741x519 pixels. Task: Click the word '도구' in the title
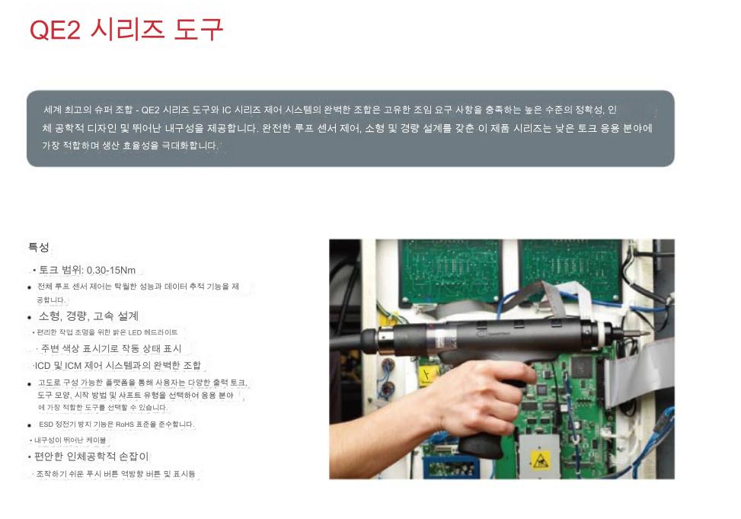pyautogui.click(x=199, y=29)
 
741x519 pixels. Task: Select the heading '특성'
pyautogui.click(x=39, y=247)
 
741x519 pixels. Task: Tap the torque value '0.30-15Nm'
pyautogui.click(x=111, y=270)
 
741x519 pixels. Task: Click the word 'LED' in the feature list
pyautogui.click(x=135, y=332)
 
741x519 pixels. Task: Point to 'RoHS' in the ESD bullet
pyautogui.click(x=125, y=424)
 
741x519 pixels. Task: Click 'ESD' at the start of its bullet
pyautogui.click(x=46, y=424)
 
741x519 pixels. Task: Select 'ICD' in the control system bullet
pyautogui.click(x=42, y=366)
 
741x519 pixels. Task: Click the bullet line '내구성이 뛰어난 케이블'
pyautogui.click(x=70, y=440)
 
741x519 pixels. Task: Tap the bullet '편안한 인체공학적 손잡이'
pyautogui.click(x=91, y=457)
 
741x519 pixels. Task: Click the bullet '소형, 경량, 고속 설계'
pyautogui.click(x=88, y=316)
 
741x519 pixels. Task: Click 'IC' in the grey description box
pyautogui.click(x=226, y=111)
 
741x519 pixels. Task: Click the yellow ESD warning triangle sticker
pyautogui.click(x=540, y=460)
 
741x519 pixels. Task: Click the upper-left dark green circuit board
pyautogui.click(x=449, y=271)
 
